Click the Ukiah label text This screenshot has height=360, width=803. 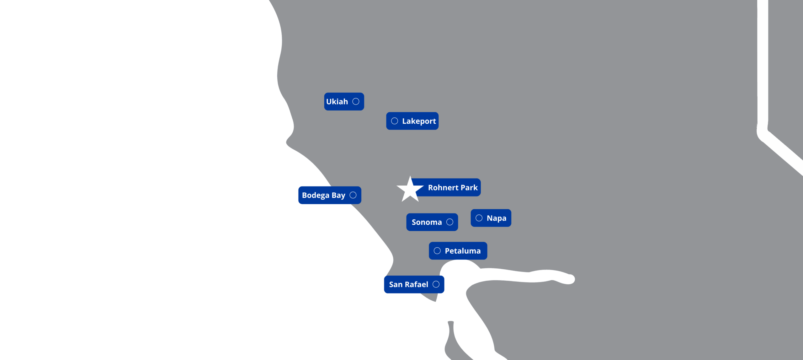coord(337,102)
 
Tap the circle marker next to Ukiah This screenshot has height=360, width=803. coord(356,101)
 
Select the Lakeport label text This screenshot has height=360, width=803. coord(419,121)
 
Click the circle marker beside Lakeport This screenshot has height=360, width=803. coord(395,121)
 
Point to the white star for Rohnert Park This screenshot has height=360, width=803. coord(410,190)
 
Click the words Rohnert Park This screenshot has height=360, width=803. coord(453,188)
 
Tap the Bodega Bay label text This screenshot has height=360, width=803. coord(323,195)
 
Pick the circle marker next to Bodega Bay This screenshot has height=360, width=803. coord(353,195)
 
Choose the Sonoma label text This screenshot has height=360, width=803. coord(427,222)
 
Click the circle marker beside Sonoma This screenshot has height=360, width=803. coord(450,222)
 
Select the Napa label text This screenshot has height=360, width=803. coord(496,218)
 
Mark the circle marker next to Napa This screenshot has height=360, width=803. coord(479,218)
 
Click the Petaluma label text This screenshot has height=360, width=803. coord(463,251)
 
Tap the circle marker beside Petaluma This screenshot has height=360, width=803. coord(437,251)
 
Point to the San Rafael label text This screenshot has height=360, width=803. coord(408,285)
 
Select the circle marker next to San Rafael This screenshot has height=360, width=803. coord(436,284)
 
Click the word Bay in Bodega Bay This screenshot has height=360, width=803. coord(338,195)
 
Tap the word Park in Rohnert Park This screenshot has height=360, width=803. coord(469,188)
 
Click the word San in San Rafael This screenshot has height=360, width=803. coord(396,285)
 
